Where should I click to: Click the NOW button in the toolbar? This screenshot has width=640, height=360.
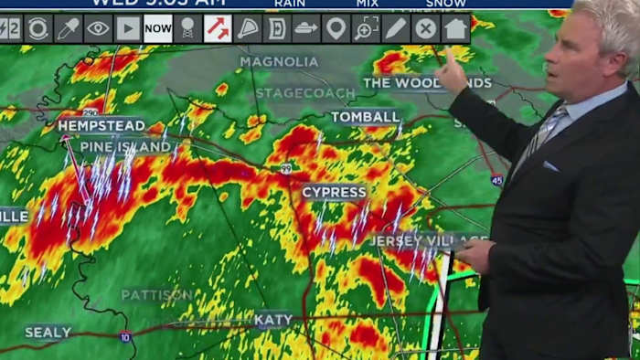[x=158, y=28]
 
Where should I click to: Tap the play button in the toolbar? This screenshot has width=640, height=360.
[x=128, y=28]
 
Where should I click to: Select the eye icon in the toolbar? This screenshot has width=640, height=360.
[x=98, y=28]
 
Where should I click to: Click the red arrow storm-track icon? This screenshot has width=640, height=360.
[x=218, y=28]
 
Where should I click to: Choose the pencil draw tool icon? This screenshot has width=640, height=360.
[x=396, y=28]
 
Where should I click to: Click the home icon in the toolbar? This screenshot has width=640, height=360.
[x=455, y=28]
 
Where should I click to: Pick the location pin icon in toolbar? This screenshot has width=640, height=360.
[x=336, y=28]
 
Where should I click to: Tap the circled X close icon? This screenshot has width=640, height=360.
[x=425, y=28]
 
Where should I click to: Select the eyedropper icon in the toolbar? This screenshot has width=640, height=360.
[x=68, y=28]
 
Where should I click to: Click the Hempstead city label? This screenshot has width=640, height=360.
[x=101, y=125]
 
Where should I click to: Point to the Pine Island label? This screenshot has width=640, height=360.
[x=125, y=146]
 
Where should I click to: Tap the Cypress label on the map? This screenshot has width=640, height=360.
[x=334, y=192]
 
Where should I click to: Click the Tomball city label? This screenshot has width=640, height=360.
[x=366, y=117]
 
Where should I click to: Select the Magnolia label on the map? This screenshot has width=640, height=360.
[x=280, y=62]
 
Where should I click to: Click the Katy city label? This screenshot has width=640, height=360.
[x=273, y=319]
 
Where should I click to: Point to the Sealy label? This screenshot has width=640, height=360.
[x=48, y=333]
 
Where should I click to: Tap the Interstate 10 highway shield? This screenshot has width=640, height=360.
[x=125, y=337]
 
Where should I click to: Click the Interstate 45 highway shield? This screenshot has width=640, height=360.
[x=496, y=180]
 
